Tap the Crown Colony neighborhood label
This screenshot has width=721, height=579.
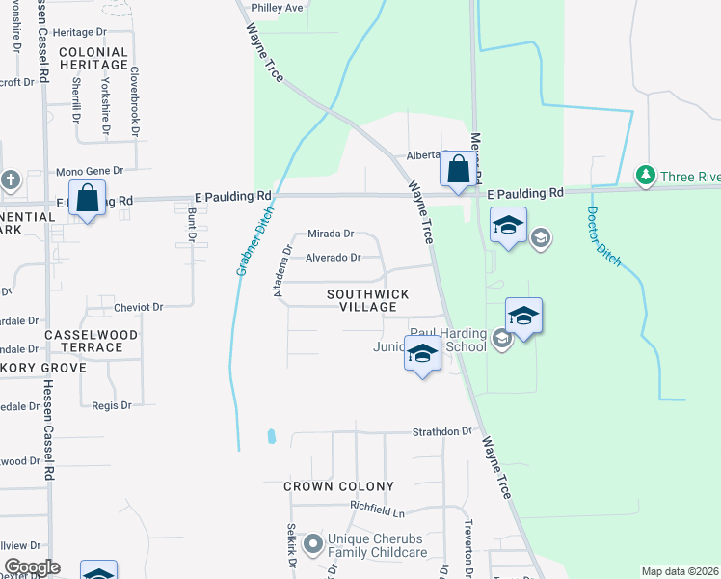pyautogui.click(x=338, y=486)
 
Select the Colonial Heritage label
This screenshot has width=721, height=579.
pyautogui.click(x=93, y=58)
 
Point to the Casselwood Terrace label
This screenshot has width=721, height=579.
pyautogui.click(x=84, y=341)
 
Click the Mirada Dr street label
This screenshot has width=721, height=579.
pyautogui.click(x=332, y=234)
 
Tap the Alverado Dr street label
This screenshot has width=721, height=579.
pyautogui.click(x=333, y=258)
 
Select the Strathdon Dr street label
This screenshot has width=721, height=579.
pyautogui.click(x=442, y=432)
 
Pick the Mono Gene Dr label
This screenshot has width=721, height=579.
pyautogui.click(x=90, y=171)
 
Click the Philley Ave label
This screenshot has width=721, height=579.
pyautogui.click(x=277, y=8)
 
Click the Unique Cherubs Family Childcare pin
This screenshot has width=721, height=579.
pyautogui.click(x=312, y=545)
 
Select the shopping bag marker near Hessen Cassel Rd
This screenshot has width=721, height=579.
pyautogui.click(x=87, y=198)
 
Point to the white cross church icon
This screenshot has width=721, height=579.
pyautogui.click(x=10, y=179)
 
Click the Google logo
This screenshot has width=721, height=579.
pyautogui.click(x=32, y=567)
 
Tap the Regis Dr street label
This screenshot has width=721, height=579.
pyautogui.click(x=111, y=406)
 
